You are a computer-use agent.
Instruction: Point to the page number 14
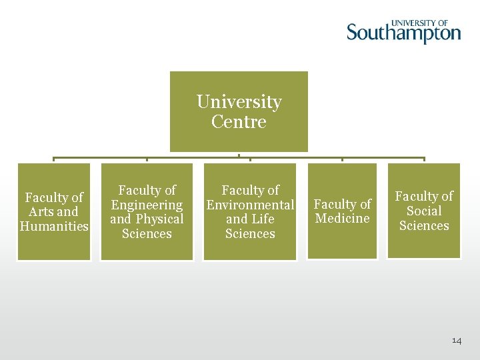pos(457,341)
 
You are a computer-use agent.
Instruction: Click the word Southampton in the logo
pos(403,33)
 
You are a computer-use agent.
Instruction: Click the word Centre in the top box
pos(239,122)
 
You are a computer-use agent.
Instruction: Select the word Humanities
pos(54,226)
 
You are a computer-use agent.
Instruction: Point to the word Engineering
pos(147,205)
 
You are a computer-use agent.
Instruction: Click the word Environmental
pos(250,205)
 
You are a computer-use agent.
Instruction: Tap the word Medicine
pos(342,219)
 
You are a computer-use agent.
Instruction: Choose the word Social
pos(424,211)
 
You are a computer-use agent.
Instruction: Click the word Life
pos(262,219)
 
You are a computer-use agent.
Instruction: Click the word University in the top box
pos(239,102)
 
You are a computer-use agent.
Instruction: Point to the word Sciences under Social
pos(424,225)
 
